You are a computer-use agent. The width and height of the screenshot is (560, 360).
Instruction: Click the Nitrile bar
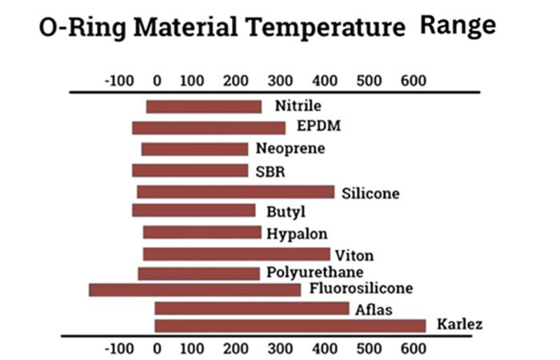click(203, 106)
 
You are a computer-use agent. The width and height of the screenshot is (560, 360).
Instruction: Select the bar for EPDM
click(208, 127)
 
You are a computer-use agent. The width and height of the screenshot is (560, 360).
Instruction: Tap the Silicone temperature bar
click(235, 192)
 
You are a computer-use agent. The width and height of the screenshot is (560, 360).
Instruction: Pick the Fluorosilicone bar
click(194, 289)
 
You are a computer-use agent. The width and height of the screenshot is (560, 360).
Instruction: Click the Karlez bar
click(290, 326)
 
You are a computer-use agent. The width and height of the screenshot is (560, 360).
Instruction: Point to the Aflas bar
click(251, 308)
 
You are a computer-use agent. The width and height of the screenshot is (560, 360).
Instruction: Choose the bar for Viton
click(236, 254)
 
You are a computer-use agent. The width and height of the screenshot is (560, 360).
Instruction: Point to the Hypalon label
click(297, 234)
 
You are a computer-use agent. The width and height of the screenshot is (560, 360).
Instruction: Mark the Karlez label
click(460, 325)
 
